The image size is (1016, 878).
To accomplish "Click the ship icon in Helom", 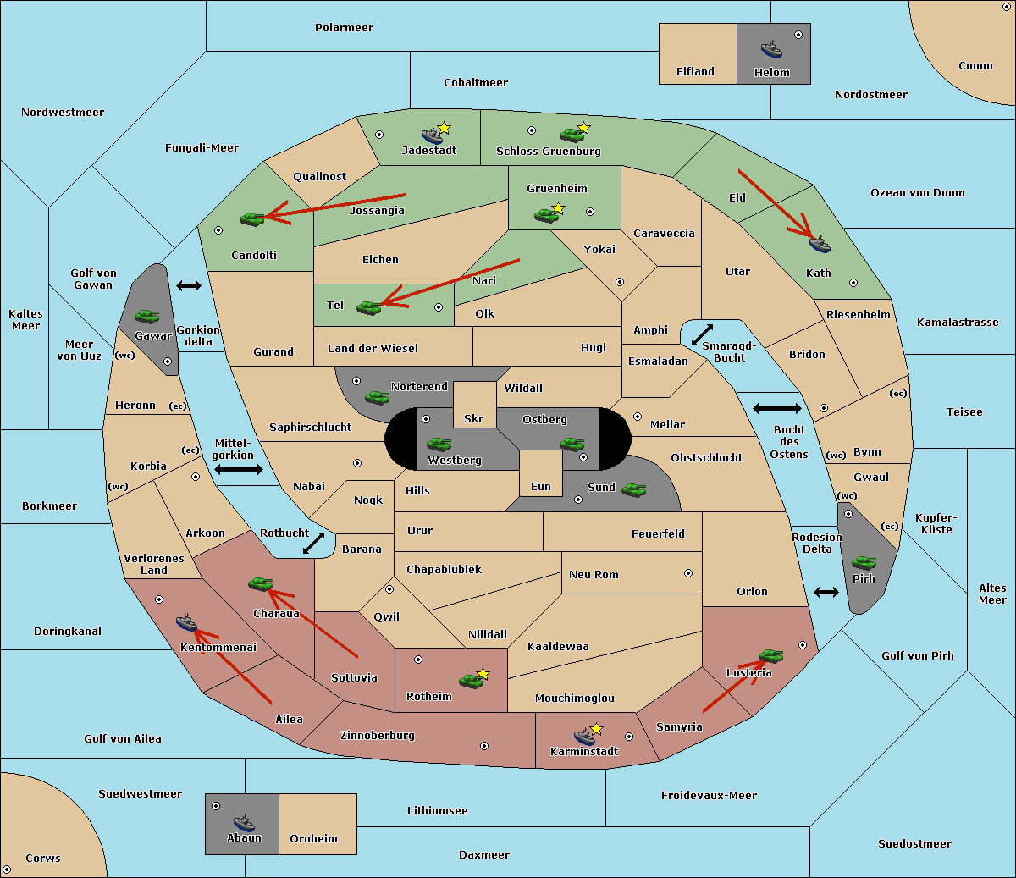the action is pyautogui.click(x=771, y=49).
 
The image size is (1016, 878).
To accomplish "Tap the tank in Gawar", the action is pyautogui.click(x=147, y=316).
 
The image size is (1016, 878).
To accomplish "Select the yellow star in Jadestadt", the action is pyautogui.click(x=444, y=128).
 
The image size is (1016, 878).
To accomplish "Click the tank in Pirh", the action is pyautogui.click(x=864, y=562).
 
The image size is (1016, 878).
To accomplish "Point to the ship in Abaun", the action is pyautogui.click(x=244, y=822).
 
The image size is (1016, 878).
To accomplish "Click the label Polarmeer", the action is pyautogui.click(x=344, y=28).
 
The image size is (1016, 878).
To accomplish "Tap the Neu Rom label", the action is pyautogui.click(x=594, y=574).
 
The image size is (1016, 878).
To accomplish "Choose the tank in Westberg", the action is pyautogui.click(x=439, y=444).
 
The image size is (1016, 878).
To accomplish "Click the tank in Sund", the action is pyautogui.click(x=633, y=489).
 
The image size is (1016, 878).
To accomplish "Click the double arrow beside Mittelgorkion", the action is pyautogui.click(x=239, y=469).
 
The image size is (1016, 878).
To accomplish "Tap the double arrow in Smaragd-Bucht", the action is pyautogui.click(x=702, y=334).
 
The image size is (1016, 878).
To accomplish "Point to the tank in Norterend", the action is pyautogui.click(x=377, y=397).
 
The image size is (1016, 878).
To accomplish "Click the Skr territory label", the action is pyautogui.click(x=474, y=418).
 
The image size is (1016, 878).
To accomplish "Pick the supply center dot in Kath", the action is pyautogui.click(x=853, y=283).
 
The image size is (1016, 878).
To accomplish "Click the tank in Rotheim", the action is pyautogui.click(x=471, y=681).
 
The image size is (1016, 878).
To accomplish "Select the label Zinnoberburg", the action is pyautogui.click(x=378, y=736).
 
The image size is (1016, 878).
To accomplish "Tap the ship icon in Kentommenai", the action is pyautogui.click(x=186, y=622).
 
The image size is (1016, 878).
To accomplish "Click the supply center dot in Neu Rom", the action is pyautogui.click(x=688, y=573).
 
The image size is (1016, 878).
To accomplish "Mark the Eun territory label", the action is pyautogui.click(x=541, y=486).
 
